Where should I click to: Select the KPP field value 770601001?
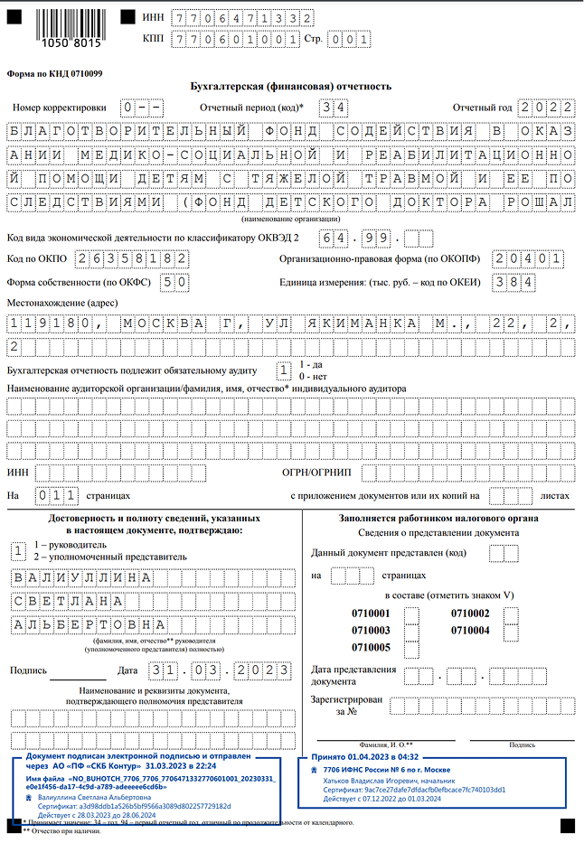238,39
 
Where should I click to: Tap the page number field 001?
348,39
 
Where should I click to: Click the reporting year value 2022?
546,108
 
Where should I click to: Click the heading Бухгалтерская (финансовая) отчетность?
291,87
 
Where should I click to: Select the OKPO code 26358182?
133,258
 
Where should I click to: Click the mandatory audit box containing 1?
283,370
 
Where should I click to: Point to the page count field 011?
57,495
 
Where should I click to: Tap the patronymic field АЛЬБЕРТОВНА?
89,624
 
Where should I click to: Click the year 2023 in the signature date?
262,670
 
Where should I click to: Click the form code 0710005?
371,647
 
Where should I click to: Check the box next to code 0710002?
511,614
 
